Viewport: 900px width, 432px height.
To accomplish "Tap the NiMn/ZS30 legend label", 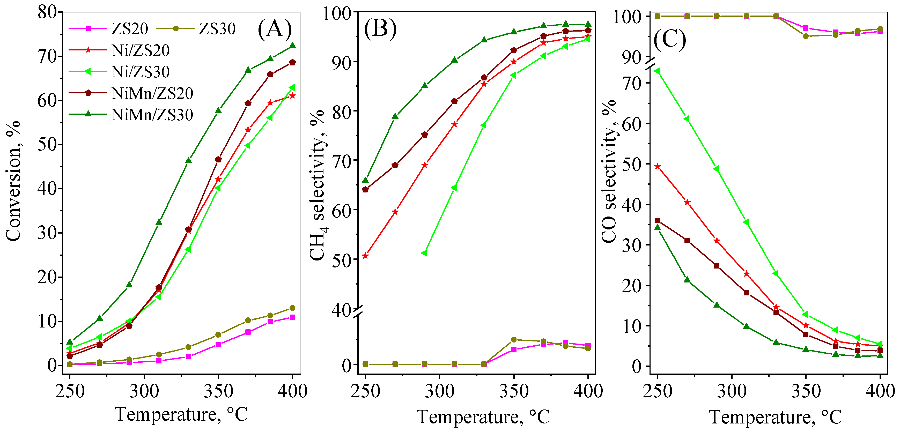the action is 152,115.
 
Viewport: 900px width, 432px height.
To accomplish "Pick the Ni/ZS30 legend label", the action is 141,72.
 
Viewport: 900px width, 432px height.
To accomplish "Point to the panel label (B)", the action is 380,29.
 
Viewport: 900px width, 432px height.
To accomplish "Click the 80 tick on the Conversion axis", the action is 48,12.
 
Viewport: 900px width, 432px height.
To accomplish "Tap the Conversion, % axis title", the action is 13,181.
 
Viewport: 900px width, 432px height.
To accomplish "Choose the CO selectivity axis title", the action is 609,171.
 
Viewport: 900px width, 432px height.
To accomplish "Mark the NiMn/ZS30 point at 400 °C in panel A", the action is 292,46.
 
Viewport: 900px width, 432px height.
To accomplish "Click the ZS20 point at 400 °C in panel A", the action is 292,317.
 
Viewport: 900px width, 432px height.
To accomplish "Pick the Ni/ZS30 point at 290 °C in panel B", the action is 424,253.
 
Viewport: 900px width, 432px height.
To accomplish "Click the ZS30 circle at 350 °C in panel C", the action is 806,36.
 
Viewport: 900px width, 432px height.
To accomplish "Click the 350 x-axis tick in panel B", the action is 514,391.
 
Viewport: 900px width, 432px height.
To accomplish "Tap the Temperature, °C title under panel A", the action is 181,414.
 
